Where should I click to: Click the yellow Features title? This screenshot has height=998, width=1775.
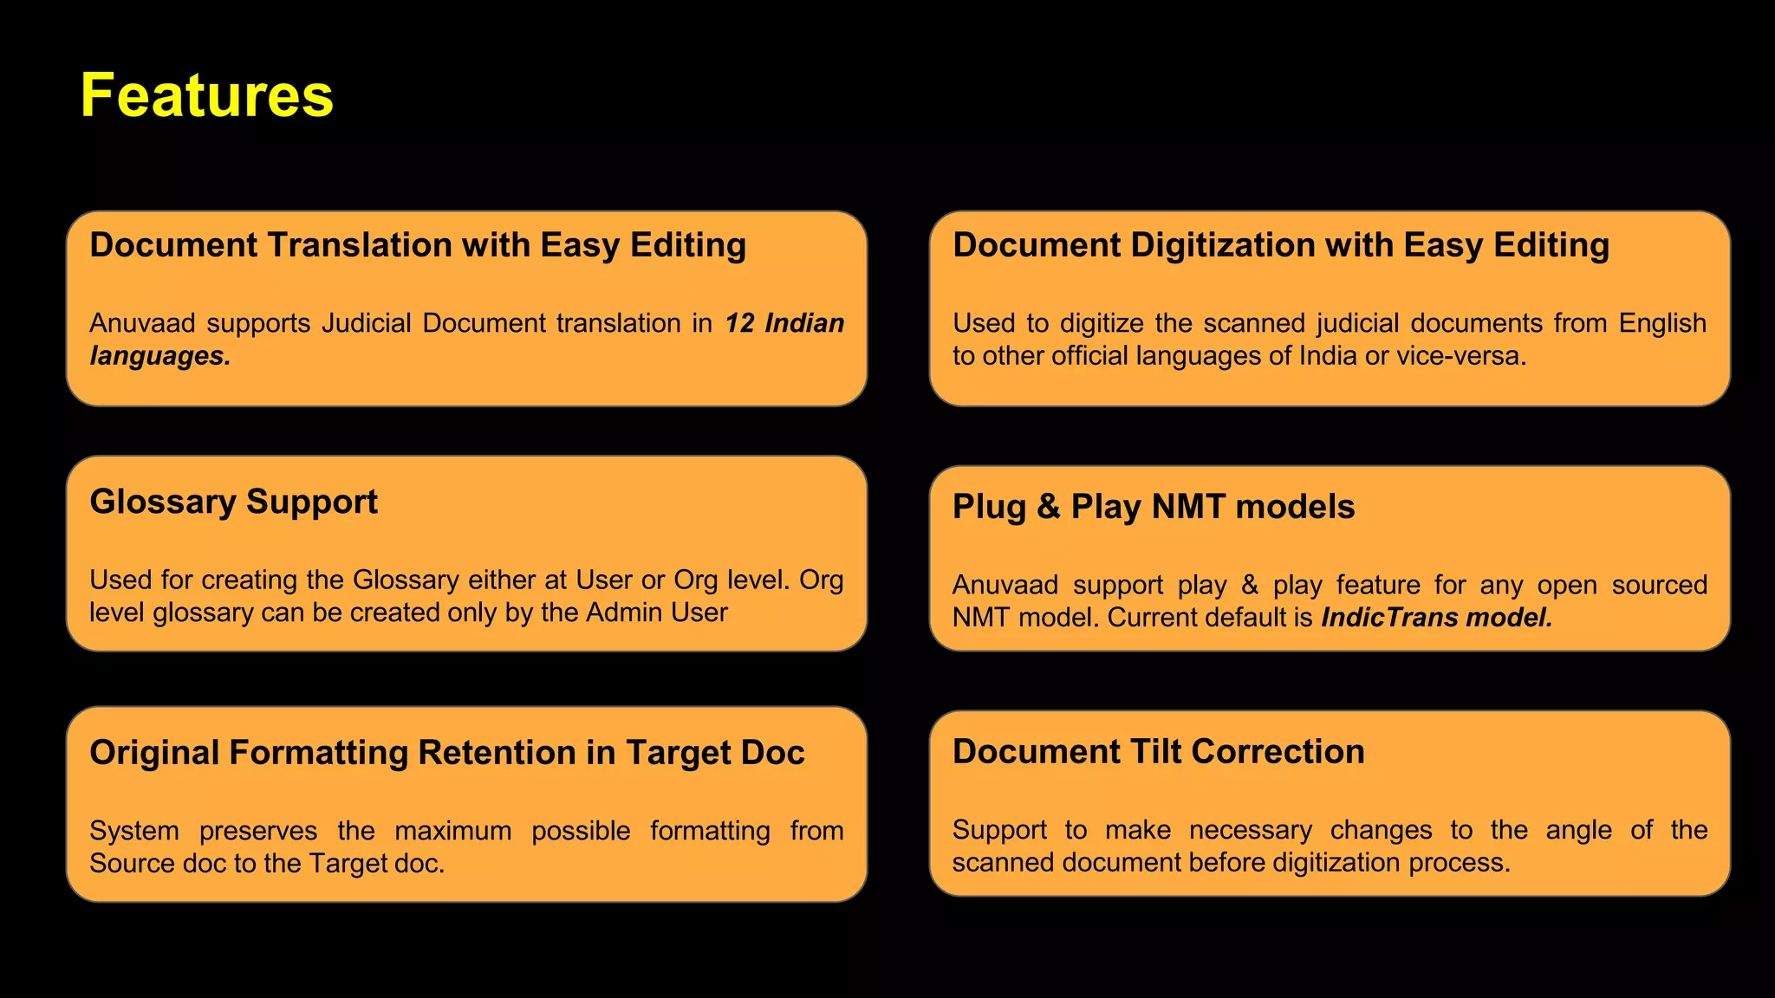click(206, 95)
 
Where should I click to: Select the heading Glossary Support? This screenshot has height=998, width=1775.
click(233, 502)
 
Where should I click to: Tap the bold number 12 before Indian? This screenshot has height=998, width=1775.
click(739, 323)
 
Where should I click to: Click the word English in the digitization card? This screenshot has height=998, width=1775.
click(1662, 323)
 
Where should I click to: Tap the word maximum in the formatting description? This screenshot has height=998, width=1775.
click(452, 831)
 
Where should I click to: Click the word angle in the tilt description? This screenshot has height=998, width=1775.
click(1578, 830)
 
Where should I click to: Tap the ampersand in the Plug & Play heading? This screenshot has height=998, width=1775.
click(1048, 507)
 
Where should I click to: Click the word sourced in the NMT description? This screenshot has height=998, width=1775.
click(1659, 585)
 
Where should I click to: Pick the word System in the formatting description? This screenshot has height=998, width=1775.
click(134, 831)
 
